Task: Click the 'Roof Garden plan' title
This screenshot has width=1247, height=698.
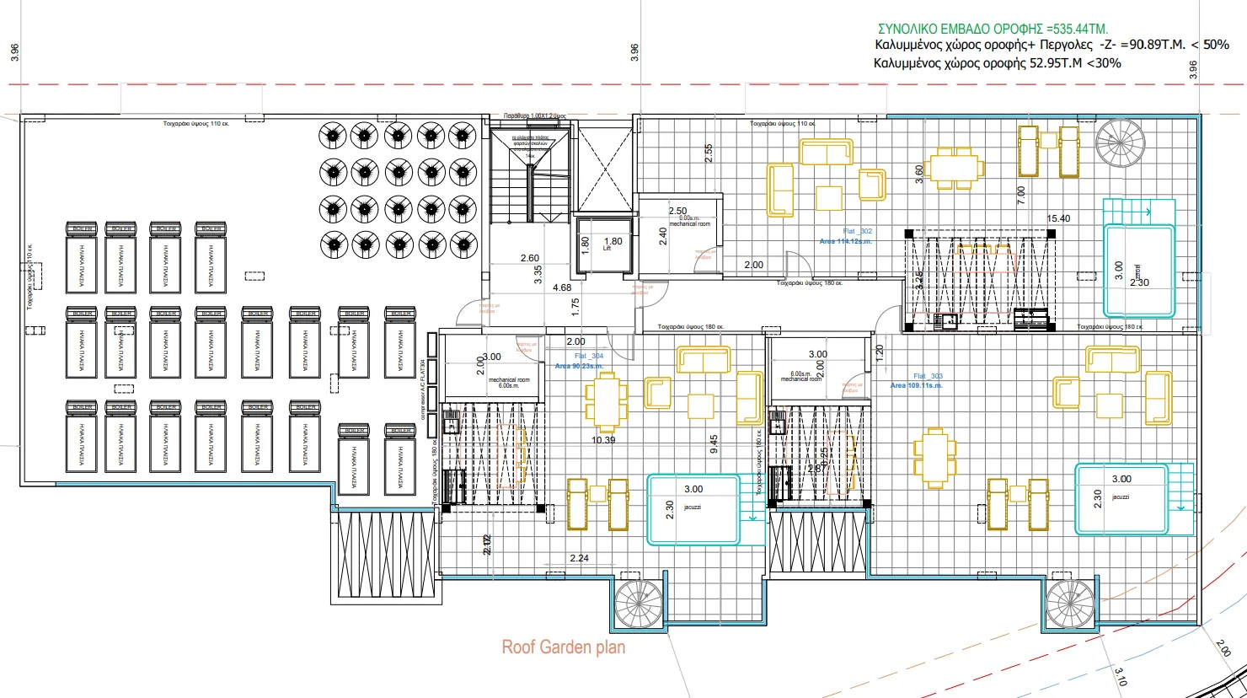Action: [564, 647]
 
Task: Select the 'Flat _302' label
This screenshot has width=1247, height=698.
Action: [857, 231]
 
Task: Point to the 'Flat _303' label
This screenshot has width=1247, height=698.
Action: [928, 376]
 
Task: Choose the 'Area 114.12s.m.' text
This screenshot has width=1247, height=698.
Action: [845, 242]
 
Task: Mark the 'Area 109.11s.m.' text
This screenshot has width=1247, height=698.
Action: [916, 386]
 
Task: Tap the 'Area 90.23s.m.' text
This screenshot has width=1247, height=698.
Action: [579, 366]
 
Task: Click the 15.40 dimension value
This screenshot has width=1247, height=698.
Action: [1058, 218]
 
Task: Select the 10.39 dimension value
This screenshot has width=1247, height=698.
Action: [603, 440]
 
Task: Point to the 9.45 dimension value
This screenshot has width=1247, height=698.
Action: [714, 445]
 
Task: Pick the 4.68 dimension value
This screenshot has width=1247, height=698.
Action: [562, 288]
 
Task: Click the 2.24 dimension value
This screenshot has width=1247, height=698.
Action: [579, 558]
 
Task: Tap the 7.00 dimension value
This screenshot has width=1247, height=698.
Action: [1021, 196]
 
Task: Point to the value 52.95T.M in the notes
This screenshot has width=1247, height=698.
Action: [1057, 63]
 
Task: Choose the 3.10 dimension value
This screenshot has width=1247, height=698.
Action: [1121, 676]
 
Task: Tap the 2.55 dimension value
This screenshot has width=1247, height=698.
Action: [709, 153]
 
